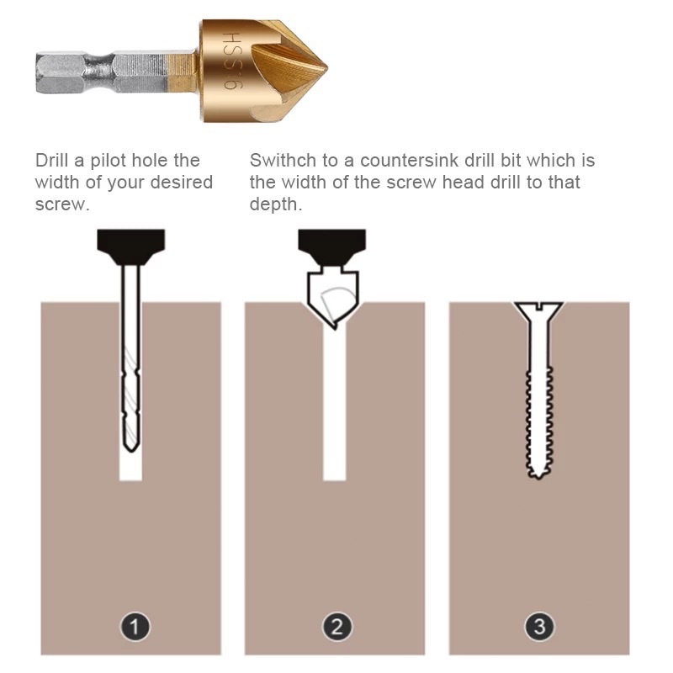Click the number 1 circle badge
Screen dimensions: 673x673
coord(135,627)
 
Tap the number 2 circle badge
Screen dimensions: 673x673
coord(337,627)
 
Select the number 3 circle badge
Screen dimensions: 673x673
coord(539,627)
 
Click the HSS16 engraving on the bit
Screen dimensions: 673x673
coord(233,61)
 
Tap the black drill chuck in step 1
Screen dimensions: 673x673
coord(131,246)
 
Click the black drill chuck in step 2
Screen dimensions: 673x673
coord(331,246)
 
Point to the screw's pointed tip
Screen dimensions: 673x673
coord(538,476)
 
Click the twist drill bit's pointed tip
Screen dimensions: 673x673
coord(131,451)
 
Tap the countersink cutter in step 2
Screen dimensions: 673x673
coord(332,299)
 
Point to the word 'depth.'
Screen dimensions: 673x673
coord(276,204)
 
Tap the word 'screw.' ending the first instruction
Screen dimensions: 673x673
coord(62,204)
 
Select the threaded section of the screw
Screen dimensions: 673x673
coord(538,422)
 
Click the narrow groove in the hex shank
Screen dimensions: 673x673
coord(100,72)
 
